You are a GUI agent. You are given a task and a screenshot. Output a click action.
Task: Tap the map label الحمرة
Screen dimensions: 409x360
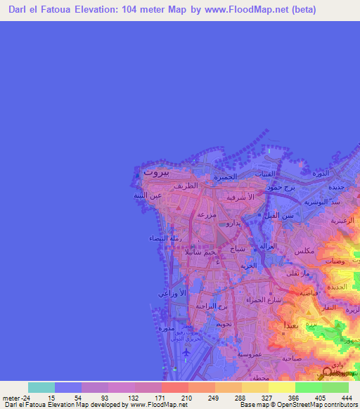point(224,177)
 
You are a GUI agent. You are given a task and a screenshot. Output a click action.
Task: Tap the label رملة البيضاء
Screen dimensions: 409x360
point(164,238)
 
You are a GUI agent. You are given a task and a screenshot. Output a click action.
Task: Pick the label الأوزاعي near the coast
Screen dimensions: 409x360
point(173,292)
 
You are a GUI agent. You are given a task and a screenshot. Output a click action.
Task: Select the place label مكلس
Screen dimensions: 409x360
point(304,251)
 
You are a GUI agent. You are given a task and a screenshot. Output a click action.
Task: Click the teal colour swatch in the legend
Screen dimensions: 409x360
point(41,387)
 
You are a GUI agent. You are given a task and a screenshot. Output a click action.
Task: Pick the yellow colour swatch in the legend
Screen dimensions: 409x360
point(282,387)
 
